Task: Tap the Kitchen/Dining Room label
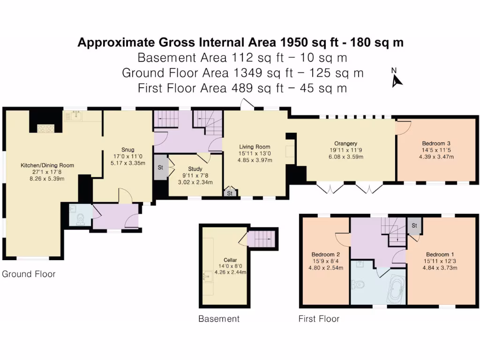(47, 165)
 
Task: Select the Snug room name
(127, 150)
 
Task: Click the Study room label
(195, 169)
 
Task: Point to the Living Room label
(255, 147)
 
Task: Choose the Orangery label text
(345, 143)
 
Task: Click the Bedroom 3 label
(436, 143)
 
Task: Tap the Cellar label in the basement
(230, 260)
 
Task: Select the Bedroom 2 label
(325, 255)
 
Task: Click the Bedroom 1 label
(440, 255)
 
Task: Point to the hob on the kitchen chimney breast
(46, 128)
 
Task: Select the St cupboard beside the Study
(161, 167)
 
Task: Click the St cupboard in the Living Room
(230, 193)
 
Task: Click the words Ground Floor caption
(29, 274)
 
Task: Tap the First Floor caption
(319, 319)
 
